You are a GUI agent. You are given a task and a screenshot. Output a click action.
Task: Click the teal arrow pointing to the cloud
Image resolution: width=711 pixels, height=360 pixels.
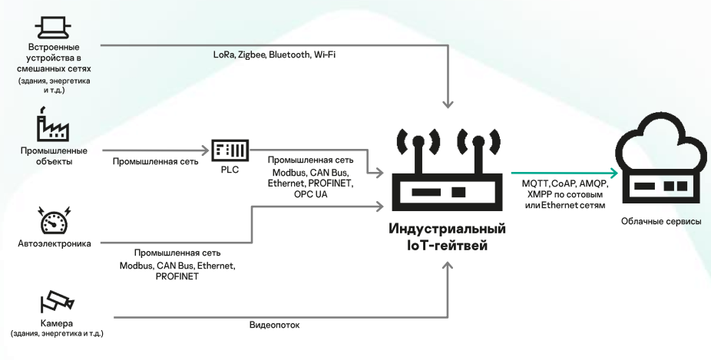coord(564,173)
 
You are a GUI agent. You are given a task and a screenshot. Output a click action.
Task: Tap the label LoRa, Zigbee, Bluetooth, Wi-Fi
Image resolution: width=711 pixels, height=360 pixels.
coord(264,55)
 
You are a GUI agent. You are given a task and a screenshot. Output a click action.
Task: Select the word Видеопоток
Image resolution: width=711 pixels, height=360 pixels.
coord(274,325)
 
